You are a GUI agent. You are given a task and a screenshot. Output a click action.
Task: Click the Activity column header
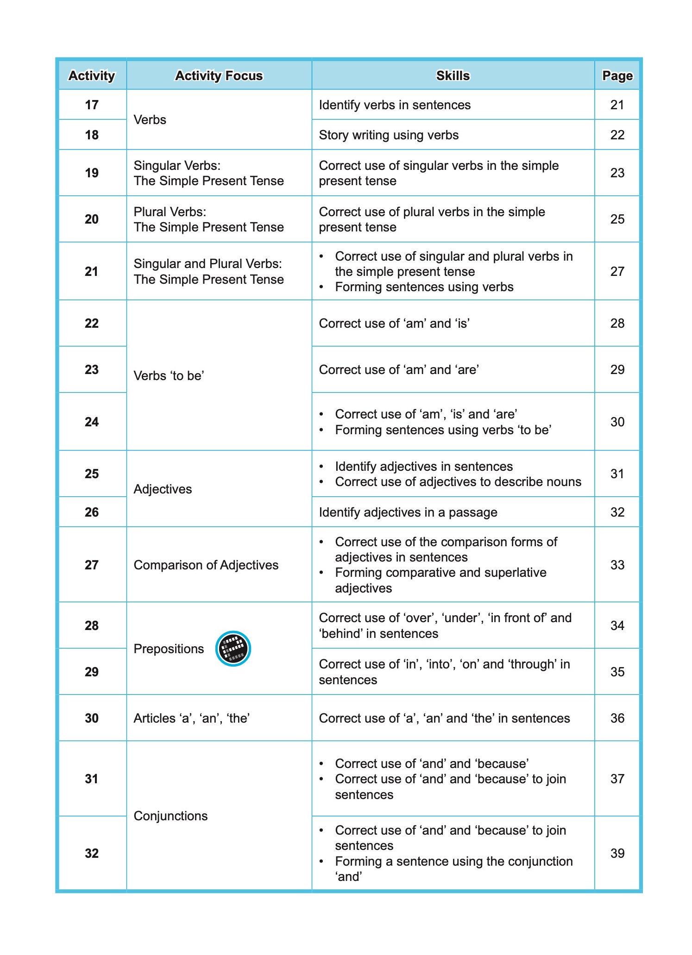click(x=92, y=75)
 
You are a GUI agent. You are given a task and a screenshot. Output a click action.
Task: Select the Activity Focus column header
click(x=219, y=75)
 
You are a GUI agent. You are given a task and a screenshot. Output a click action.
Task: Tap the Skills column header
click(x=453, y=75)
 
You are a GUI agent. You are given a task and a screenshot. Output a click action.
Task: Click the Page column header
click(x=617, y=75)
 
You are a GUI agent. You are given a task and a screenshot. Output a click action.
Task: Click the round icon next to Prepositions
click(x=233, y=649)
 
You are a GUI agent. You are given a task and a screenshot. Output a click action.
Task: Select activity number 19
click(x=92, y=173)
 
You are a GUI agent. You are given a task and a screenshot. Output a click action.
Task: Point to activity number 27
click(x=92, y=565)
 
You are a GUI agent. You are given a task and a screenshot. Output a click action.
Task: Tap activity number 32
click(x=92, y=853)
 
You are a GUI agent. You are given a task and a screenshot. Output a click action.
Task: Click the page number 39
click(x=617, y=853)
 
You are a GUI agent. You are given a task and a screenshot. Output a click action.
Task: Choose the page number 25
click(x=617, y=219)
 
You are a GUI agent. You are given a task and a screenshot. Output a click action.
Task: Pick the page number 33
click(x=617, y=565)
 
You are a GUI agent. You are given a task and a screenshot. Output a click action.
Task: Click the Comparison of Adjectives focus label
click(x=206, y=565)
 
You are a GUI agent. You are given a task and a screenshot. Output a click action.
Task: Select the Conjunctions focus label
click(x=170, y=816)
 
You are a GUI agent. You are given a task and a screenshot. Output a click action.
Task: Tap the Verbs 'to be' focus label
click(x=169, y=375)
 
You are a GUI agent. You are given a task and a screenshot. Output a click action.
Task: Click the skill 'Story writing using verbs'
click(x=389, y=135)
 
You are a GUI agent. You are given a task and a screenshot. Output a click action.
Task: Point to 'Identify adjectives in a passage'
click(x=408, y=512)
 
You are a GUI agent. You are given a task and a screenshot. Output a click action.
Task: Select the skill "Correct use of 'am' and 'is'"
click(x=394, y=324)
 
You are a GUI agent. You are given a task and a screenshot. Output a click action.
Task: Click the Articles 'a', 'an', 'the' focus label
click(x=192, y=718)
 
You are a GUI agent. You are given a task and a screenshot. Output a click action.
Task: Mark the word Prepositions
click(x=169, y=649)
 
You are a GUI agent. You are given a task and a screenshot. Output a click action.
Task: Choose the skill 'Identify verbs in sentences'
click(x=395, y=105)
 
